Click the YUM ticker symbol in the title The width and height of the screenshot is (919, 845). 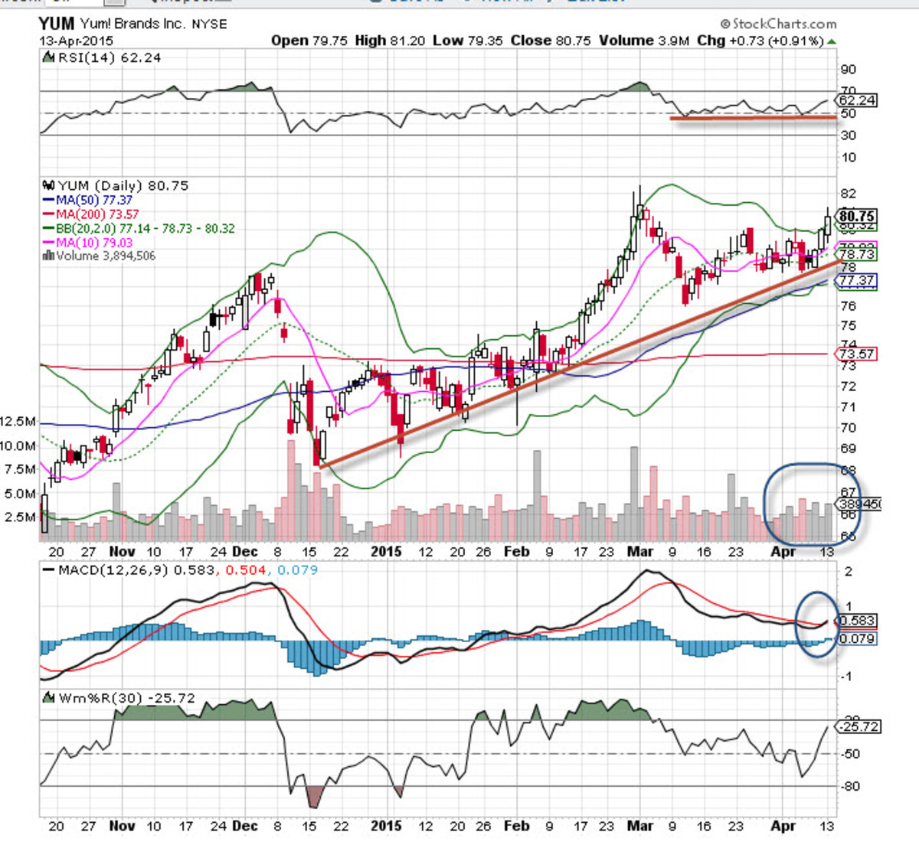pyautogui.click(x=57, y=23)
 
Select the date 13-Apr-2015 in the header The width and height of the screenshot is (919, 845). pyautogui.click(x=76, y=41)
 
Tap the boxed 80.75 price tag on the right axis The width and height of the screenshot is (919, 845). pyautogui.click(x=857, y=216)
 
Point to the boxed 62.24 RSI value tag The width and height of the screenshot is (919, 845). pyautogui.click(x=857, y=100)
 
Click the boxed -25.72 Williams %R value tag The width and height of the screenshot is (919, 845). pyautogui.click(x=859, y=726)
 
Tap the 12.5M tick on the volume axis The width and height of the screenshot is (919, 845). pyautogui.click(x=18, y=422)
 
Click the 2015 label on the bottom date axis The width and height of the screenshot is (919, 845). pyautogui.click(x=386, y=826)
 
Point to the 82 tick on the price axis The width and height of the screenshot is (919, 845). pyautogui.click(x=847, y=194)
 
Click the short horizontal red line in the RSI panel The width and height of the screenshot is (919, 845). pyautogui.click(x=753, y=118)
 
